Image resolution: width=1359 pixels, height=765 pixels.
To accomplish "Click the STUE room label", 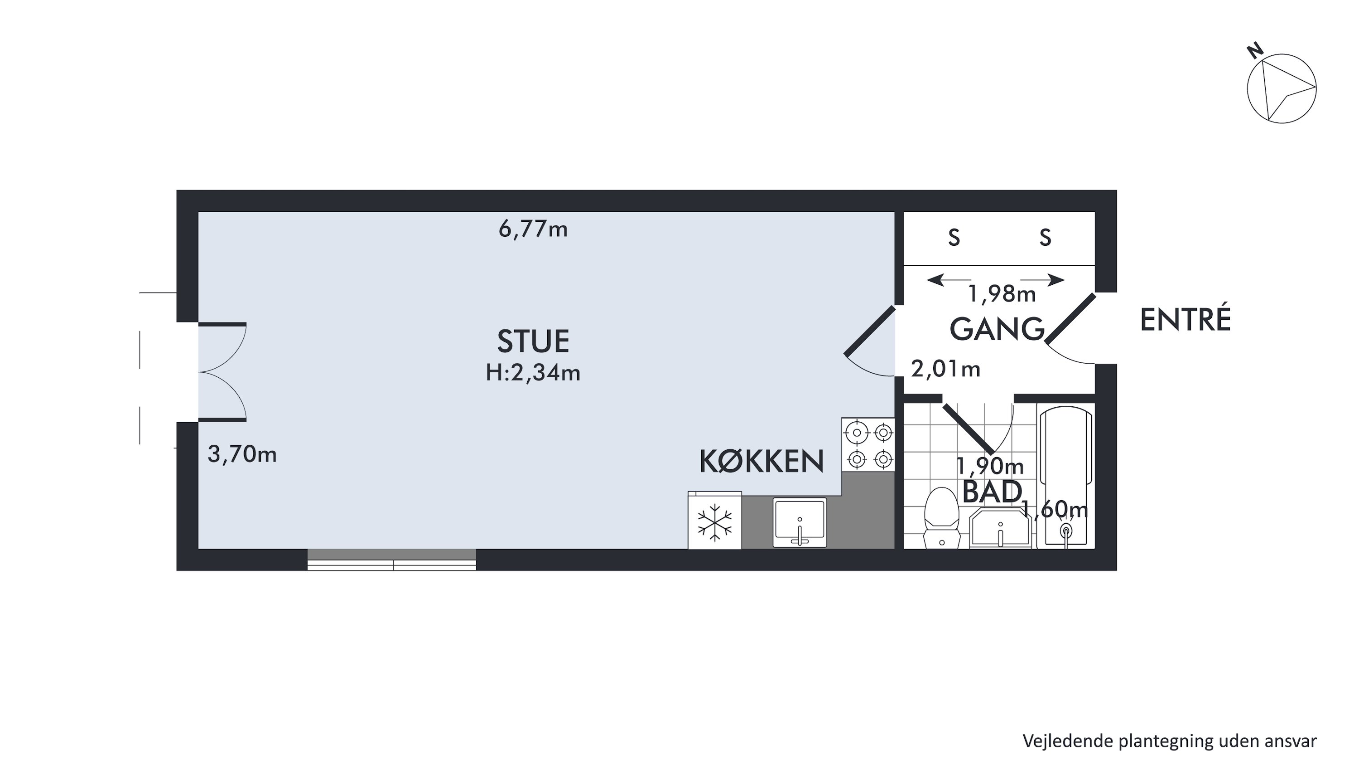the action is (533, 341).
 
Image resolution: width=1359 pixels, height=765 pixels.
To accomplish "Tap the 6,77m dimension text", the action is (533, 229).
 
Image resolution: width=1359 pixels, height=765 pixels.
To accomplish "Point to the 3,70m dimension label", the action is (242, 454).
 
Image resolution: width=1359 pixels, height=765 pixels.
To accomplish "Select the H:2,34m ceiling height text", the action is (533, 373).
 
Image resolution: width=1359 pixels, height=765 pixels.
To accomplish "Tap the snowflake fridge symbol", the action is (715, 522).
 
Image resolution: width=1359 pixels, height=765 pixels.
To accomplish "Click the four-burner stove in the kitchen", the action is (868, 444).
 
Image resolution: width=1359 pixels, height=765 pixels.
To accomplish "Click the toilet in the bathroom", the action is (942, 518).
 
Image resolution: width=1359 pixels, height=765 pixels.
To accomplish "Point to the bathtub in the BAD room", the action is (1065, 477).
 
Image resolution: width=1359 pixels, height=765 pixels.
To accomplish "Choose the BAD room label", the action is (992, 492).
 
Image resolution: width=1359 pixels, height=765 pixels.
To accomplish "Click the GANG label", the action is (997, 329).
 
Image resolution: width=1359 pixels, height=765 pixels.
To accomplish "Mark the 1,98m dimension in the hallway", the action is (1002, 294).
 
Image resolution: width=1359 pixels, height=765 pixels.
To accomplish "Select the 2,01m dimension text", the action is (946, 369).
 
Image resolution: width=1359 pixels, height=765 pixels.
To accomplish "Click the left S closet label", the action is (954, 238).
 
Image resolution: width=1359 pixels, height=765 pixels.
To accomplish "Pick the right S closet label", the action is (1046, 238).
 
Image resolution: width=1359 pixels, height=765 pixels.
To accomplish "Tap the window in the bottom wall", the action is (392, 560).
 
